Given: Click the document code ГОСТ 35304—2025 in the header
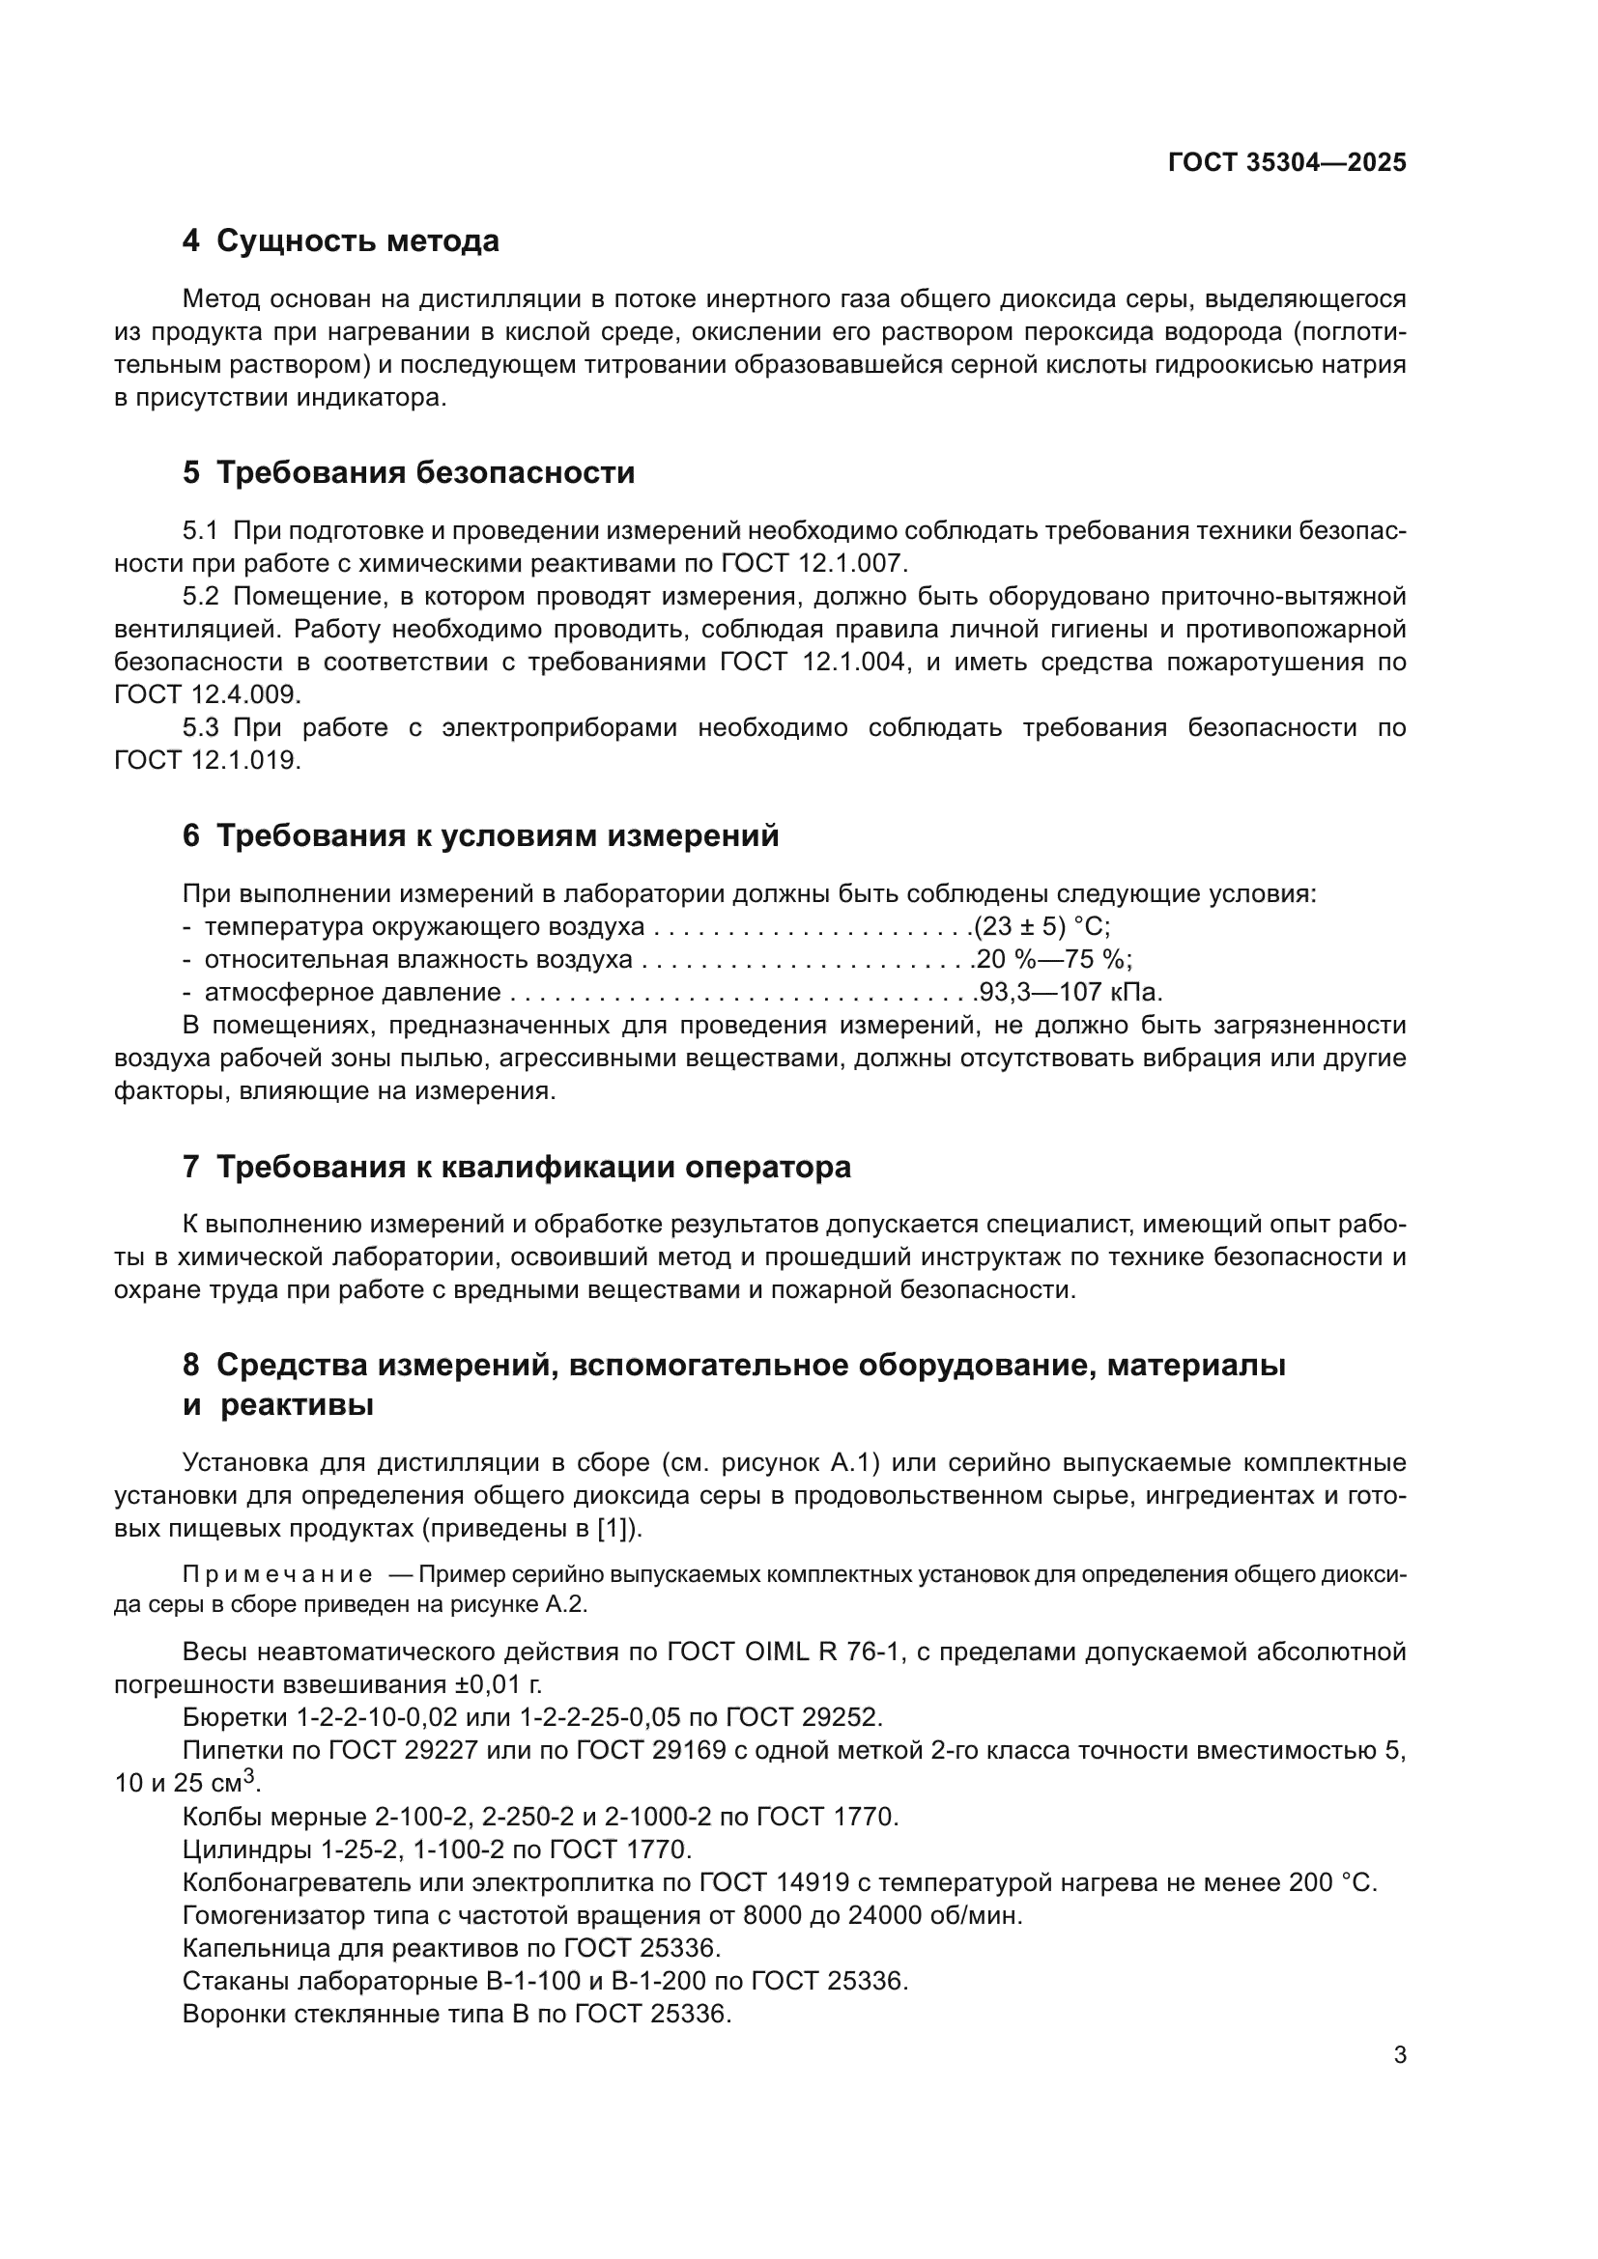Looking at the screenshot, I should [1286, 162].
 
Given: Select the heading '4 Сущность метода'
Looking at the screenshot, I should [340, 241].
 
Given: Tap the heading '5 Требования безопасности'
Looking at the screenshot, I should [409, 473].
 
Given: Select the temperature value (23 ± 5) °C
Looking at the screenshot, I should [1042, 927].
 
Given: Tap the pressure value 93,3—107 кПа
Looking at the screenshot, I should [1070, 992].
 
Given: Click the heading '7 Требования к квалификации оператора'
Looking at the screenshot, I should [517, 1167].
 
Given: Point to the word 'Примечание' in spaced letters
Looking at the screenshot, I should [278, 1575].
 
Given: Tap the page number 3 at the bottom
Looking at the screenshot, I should [1400, 2055].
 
